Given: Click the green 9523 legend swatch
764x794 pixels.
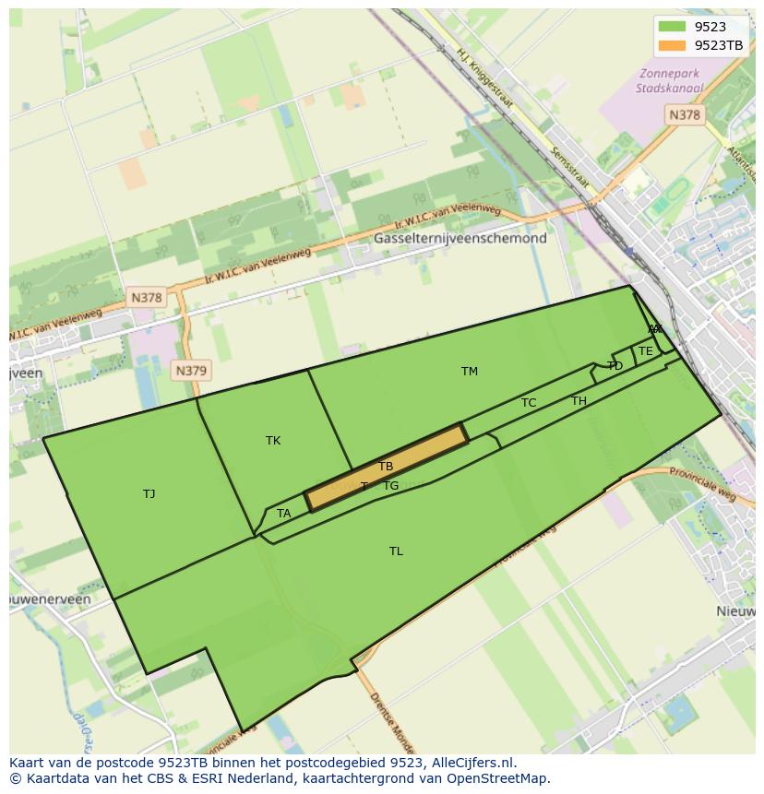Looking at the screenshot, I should click(x=672, y=27).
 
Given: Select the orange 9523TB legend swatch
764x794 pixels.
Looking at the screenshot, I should click(x=672, y=45).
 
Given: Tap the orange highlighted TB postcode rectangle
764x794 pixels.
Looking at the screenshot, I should click(x=386, y=468).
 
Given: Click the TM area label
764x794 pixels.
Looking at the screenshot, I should click(x=470, y=372).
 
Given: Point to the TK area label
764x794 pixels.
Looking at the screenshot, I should click(x=273, y=441).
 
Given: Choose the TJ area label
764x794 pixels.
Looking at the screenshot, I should click(x=149, y=494).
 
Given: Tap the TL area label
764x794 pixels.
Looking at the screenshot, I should click(x=396, y=551).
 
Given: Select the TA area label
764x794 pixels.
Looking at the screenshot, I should click(x=284, y=514).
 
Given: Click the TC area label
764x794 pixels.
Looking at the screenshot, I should click(x=529, y=403).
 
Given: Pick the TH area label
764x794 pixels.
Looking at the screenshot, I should click(x=579, y=401).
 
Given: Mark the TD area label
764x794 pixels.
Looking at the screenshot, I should click(x=615, y=366).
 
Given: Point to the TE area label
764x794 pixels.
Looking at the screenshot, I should click(x=646, y=351).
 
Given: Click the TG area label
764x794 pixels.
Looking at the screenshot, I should click(x=391, y=486).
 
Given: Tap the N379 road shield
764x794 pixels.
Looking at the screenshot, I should click(x=191, y=371).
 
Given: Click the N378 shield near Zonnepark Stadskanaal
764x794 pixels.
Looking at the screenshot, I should click(x=684, y=114).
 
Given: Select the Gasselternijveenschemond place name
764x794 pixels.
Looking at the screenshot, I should click(x=460, y=238).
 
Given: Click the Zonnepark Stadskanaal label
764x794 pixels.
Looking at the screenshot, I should click(x=669, y=81).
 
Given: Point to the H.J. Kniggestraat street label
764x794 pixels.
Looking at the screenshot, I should click(x=484, y=79).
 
